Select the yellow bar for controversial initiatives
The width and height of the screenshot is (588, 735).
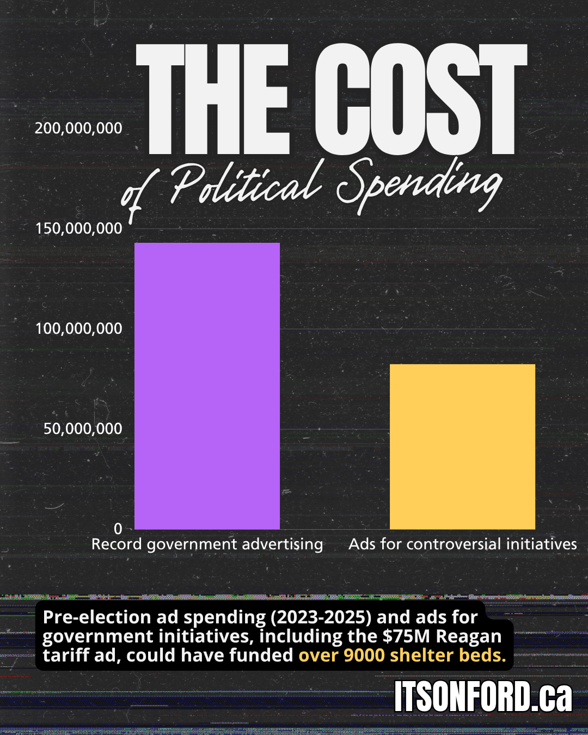point(462,446)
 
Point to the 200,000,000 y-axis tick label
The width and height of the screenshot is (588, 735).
point(78,128)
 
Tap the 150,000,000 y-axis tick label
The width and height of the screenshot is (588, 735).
point(79,229)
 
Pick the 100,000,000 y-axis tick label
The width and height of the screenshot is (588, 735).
point(79,329)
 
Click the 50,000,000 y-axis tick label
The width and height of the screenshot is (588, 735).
point(83,429)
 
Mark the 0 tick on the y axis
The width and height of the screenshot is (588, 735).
point(118,529)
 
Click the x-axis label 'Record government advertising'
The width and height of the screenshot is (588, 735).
point(207,544)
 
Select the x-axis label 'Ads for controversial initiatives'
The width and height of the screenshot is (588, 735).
point(462,544)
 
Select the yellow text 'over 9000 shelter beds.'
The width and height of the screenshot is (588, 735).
point(402,655)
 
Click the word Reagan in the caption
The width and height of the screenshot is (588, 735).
point(469,636)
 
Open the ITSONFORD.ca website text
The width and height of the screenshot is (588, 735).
point(483,696)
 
